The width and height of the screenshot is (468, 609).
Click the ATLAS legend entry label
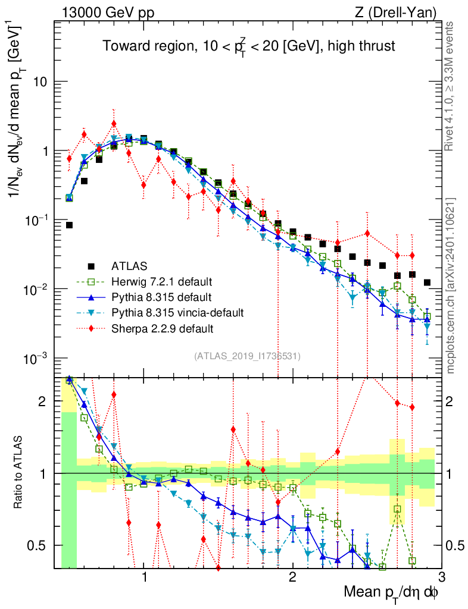[129, 265]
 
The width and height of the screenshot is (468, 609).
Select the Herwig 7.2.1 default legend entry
[162, 281]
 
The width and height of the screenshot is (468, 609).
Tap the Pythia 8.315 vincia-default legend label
[178, 312]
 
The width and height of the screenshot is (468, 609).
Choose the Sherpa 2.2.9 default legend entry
[163, 328]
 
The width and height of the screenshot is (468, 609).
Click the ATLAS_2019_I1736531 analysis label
[247, 356]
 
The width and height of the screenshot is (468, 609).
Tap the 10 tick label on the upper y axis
[40, 82]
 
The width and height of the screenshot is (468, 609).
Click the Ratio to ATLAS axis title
[19, 473]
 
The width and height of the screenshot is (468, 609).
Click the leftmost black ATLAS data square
[69, 225]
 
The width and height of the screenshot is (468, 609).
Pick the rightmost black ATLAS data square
[427, 282]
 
